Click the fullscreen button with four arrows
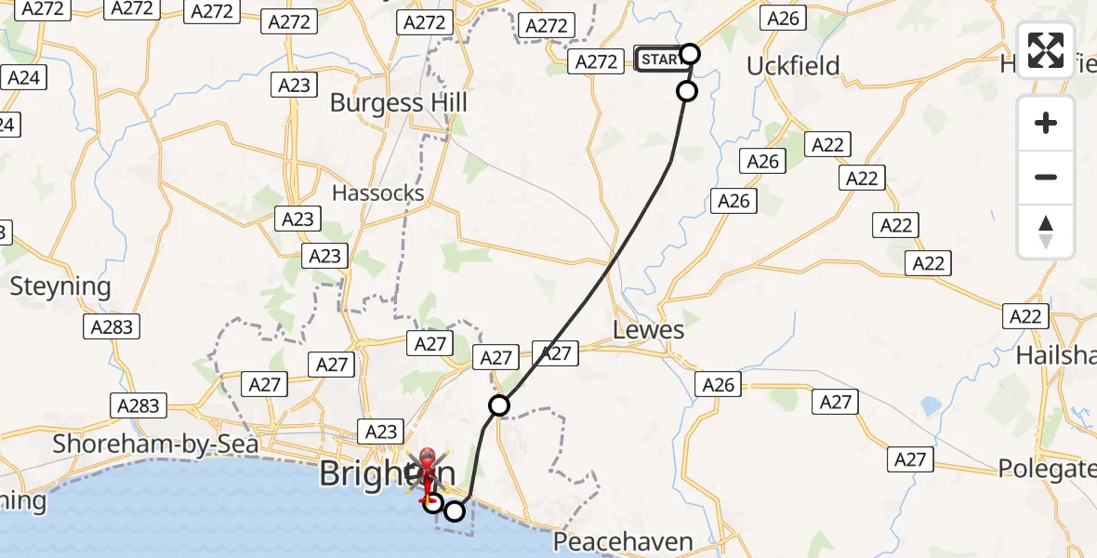[x=1046, y=50]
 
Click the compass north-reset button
[x=1046, y=232]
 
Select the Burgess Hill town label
[x=399, y=102]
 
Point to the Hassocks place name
[x=378, y=193]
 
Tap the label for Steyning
[x=60, y=286]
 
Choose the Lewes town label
[x=649, y=330]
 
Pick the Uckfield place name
[x=793, y=66]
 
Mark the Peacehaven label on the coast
[x=623, y=541]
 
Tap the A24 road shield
[x=23, y=77]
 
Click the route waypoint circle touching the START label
[x=690, y=53]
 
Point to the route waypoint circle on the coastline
[x=455, y=511]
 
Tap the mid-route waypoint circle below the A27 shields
[x=499, y=405]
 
